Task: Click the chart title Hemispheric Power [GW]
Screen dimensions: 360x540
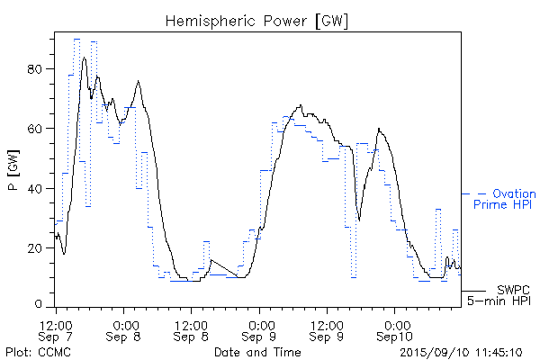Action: tap(257, 19)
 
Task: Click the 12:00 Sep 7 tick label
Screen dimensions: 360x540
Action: tap(56, 329)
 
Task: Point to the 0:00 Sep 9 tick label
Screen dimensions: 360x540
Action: tap(259, 329)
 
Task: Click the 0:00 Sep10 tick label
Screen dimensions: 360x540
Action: tap(394, 329)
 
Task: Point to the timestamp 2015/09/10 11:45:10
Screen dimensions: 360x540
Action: tap(461, 351)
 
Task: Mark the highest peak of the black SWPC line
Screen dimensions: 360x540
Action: tap(85, 58)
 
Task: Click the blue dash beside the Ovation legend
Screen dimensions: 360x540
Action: tap(482, 193)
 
